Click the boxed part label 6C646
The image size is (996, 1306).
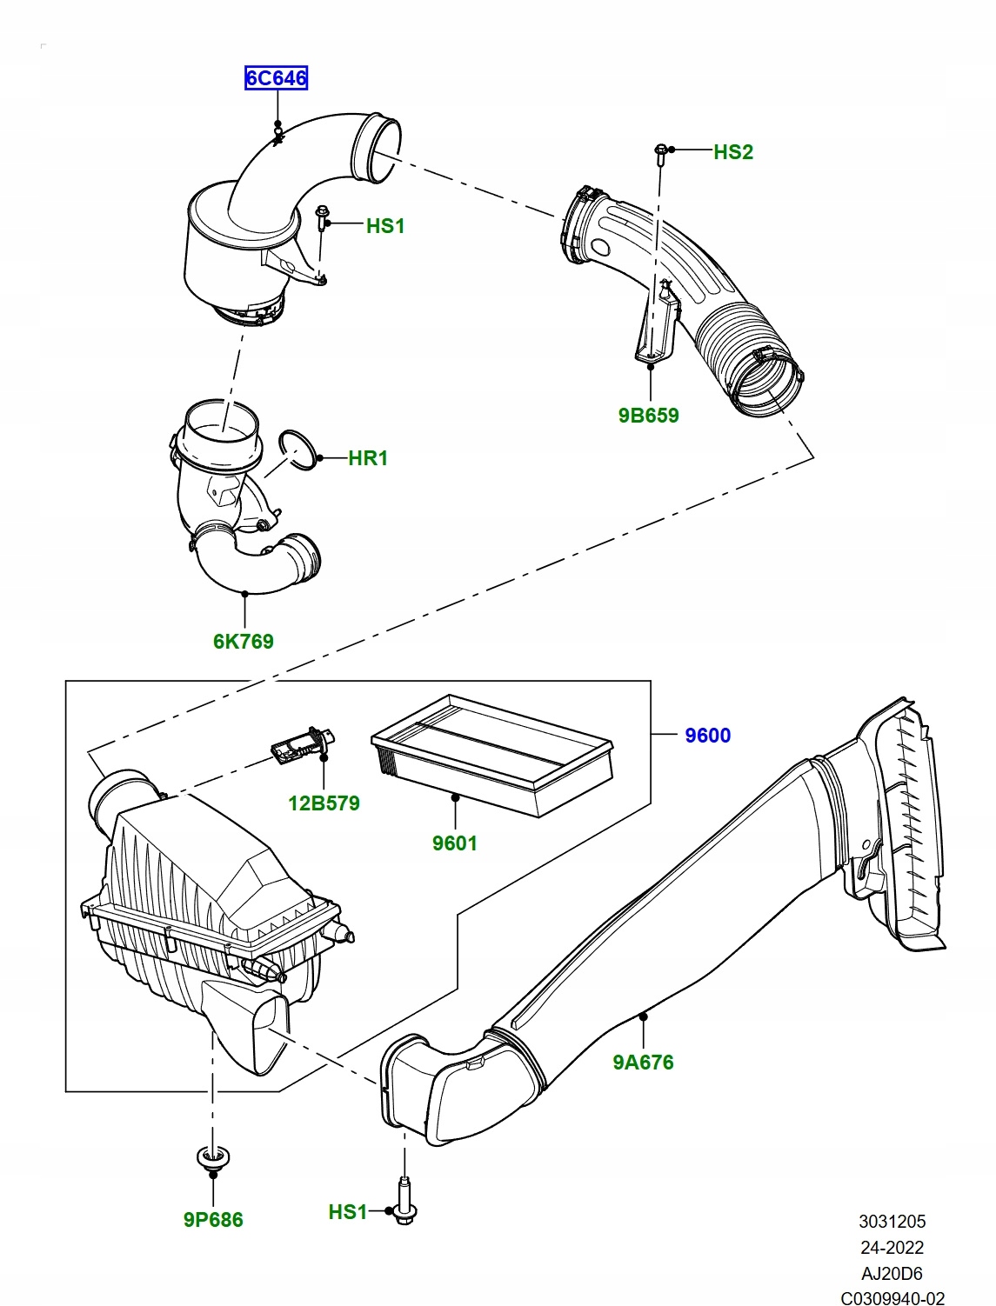(276, 78)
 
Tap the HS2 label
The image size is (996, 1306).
(733, 152)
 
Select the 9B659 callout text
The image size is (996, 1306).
(649, 416)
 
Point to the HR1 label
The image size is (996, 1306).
(368, 458)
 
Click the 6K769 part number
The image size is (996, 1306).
(244, 642)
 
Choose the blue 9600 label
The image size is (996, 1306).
(707, 736)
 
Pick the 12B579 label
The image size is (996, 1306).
(324, 803)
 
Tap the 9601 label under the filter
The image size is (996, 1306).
(455, 843)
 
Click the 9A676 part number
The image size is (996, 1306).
(643, 1062)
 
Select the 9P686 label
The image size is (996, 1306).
(213, 1220)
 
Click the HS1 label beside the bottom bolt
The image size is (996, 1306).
(347, 1212)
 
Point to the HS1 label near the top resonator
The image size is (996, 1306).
(385, 226)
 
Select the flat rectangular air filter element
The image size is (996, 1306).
(491, 755)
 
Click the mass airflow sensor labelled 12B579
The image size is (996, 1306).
(296, 743)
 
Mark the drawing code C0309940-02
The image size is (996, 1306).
(892, 1294)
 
